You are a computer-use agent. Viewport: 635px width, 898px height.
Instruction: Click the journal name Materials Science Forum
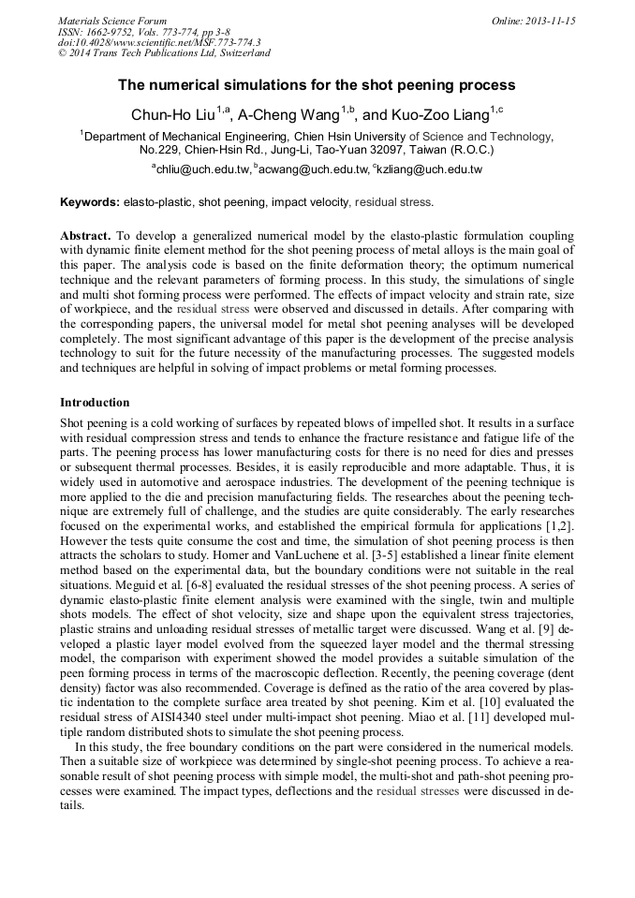pos(112,21)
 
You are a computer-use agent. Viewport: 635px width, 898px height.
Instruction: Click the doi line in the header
pos(159,42)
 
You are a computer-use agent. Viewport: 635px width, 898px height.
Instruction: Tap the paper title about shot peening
pos(317,85)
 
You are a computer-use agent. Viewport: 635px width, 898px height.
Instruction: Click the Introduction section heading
pos(95,403)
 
